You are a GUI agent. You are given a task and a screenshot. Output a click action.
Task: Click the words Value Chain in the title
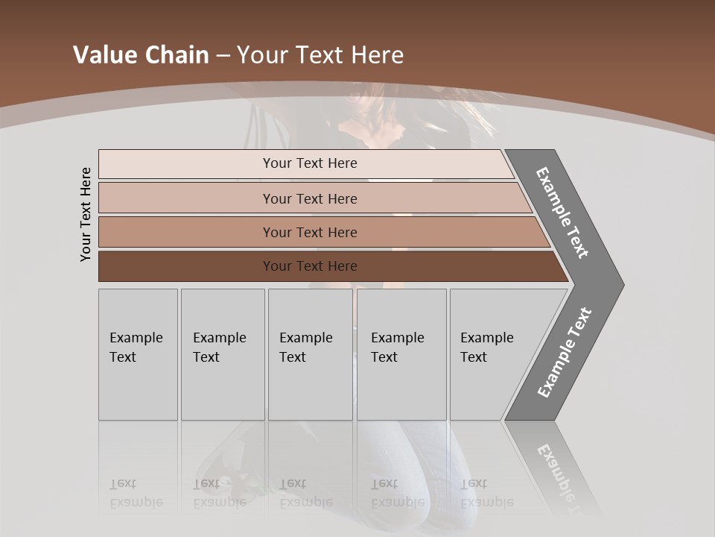[141, 55]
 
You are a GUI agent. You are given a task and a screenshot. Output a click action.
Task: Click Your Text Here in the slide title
[320, 55]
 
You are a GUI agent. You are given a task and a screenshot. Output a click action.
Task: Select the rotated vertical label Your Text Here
[86, 214]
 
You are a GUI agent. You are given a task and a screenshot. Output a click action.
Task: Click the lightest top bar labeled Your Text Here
[309, 163]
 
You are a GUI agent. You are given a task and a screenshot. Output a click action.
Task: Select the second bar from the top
[309, 198]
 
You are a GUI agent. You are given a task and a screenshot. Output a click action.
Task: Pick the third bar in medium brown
[309, 232]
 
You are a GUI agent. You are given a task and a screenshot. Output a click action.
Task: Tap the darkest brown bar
[309, 266]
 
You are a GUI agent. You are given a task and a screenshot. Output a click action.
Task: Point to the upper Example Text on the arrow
[562, 213]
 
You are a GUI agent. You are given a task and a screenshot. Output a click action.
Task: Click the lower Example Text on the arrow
[564, 353]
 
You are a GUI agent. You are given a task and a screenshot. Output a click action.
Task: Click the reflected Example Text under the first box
[136, 493]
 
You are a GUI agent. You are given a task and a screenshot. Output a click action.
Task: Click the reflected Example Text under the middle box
[306, 493]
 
